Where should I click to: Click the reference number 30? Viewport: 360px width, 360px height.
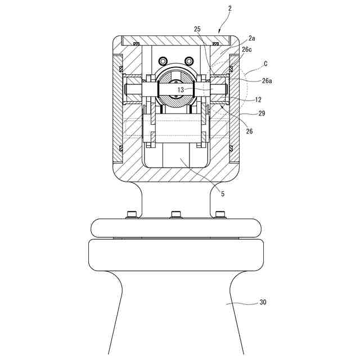263,302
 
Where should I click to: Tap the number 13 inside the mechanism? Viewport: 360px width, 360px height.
180,89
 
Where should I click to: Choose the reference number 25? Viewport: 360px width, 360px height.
197,29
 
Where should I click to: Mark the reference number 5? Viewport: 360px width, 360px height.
223,194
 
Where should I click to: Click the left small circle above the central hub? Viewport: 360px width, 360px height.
163,61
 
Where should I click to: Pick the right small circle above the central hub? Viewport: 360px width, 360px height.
188,61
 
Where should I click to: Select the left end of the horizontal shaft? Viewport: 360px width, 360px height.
129,89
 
